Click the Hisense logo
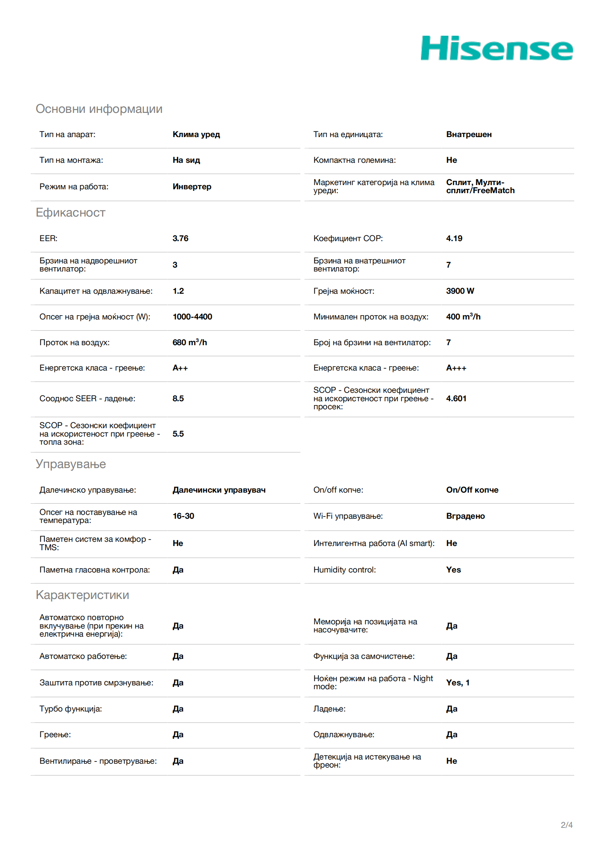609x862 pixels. coord(497,48)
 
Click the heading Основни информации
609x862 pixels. coord(99,109)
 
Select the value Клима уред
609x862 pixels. coord(196,134)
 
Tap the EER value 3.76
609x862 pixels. coord(180,238)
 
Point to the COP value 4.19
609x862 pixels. coord(454,238)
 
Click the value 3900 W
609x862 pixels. coord(460,291)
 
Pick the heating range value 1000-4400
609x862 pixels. coord(192,317)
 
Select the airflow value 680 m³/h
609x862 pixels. coord(190,342)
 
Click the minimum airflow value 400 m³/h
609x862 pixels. coord(463,317)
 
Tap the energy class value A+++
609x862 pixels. coord(456,368)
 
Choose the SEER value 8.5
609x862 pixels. coord(178,399)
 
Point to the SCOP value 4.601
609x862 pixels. coord(456,399)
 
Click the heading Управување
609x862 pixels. coord(71,464)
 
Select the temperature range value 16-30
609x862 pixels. coord(183,516)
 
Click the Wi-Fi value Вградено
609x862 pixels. coord(465,516)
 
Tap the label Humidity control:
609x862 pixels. coord(344,570)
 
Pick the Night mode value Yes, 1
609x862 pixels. coord(457,683)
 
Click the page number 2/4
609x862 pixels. coord(566,825)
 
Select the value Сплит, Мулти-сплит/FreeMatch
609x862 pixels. coord(480,187)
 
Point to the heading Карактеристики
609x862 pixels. coord(82,595)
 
